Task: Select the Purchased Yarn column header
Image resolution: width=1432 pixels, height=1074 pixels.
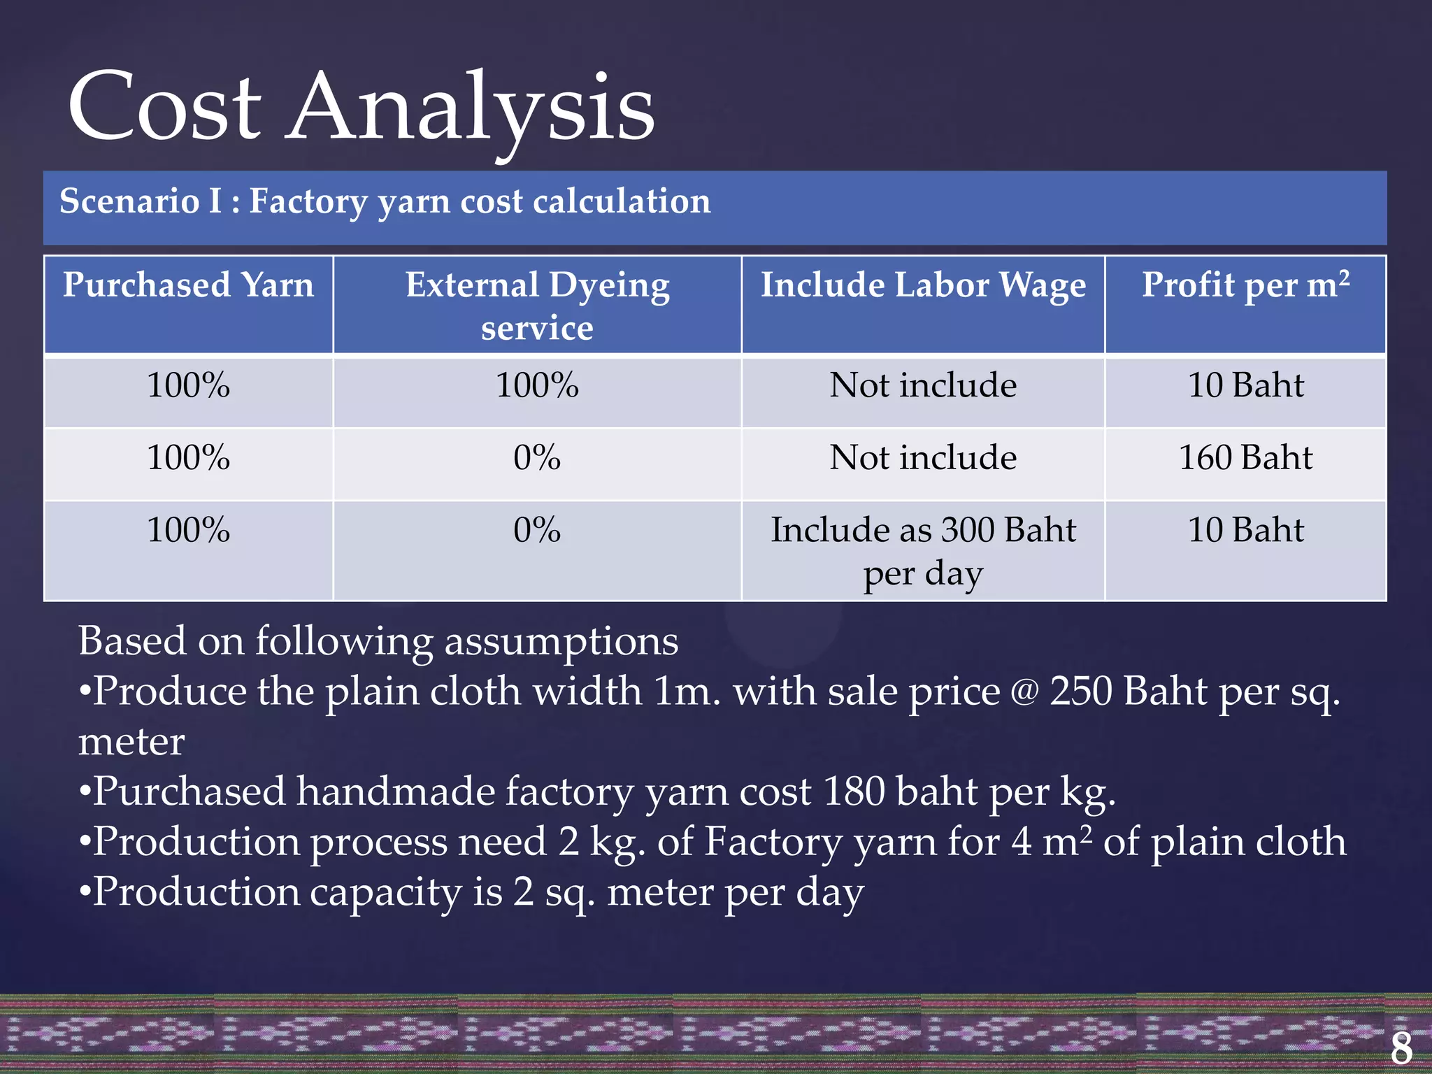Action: point(188,285)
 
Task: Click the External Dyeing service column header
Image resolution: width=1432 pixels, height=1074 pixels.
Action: point(537,306)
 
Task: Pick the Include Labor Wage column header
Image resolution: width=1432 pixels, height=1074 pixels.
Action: point(923,285)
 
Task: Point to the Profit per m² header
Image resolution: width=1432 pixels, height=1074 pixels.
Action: point(1245,285)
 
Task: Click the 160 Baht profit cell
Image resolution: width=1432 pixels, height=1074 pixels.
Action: point(1245,458)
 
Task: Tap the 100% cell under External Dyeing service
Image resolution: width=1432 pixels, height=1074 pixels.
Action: point(537,386)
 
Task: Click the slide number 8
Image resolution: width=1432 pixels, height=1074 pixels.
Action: point(1401,1047)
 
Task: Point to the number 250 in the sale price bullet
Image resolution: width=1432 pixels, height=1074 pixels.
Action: point(1081,692)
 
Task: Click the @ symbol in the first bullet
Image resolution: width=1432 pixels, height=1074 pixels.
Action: point(1024,693)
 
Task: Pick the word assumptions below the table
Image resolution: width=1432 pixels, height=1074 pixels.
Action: point(561,642)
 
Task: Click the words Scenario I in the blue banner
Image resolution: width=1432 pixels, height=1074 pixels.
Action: point(141,201)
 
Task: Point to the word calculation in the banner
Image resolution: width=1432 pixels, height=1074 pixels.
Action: point(622,201)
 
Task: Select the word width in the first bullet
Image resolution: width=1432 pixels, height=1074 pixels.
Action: point(587,692)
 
